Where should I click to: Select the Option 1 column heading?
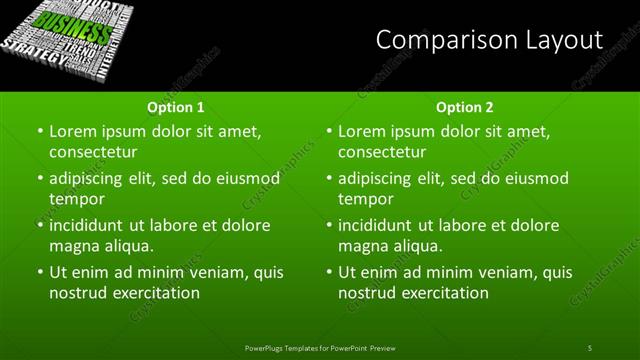[x=176, y=106]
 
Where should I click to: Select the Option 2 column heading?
[x=465, y=106]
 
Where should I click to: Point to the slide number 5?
[x=590, y=347]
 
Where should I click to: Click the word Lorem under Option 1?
[x=72, y=131]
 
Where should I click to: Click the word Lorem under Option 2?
[x=362, y=131]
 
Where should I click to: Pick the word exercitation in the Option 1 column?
[x=153, y=294]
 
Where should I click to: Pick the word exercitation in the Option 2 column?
[x=443, y=294]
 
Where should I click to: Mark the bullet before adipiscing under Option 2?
[x=329, y=179]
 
